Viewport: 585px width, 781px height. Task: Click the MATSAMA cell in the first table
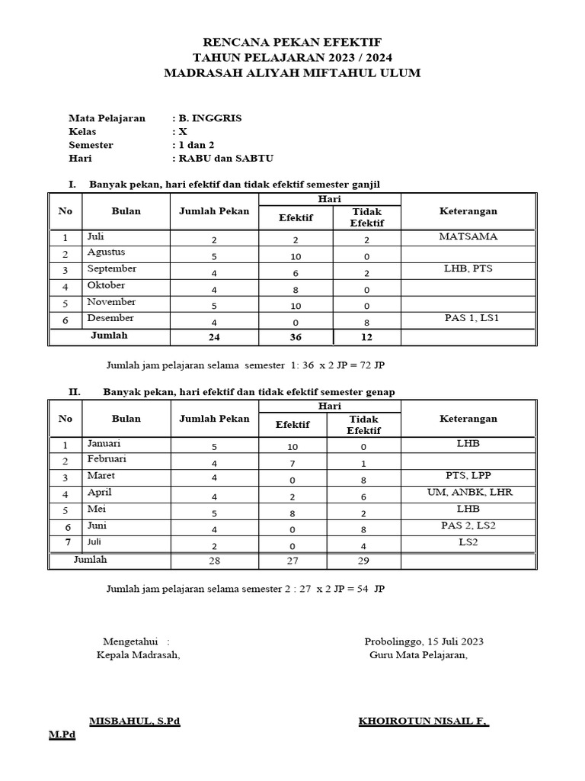468,236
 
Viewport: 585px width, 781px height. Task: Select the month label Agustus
106,252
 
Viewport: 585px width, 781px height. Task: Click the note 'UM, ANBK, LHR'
469,493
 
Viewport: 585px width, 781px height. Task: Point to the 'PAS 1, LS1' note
469,318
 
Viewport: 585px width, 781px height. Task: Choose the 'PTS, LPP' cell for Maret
469,476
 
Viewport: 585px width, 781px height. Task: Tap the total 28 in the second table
214,562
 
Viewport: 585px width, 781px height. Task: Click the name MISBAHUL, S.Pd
134,721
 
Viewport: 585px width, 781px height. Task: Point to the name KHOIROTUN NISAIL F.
424,721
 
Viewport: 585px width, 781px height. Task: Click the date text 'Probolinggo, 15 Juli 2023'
424,641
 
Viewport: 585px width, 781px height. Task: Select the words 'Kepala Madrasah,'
138,655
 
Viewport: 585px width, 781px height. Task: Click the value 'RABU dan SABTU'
225,158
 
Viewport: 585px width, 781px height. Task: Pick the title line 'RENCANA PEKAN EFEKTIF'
292,42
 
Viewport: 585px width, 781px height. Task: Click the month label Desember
110,318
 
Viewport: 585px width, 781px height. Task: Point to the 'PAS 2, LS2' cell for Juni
469,525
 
